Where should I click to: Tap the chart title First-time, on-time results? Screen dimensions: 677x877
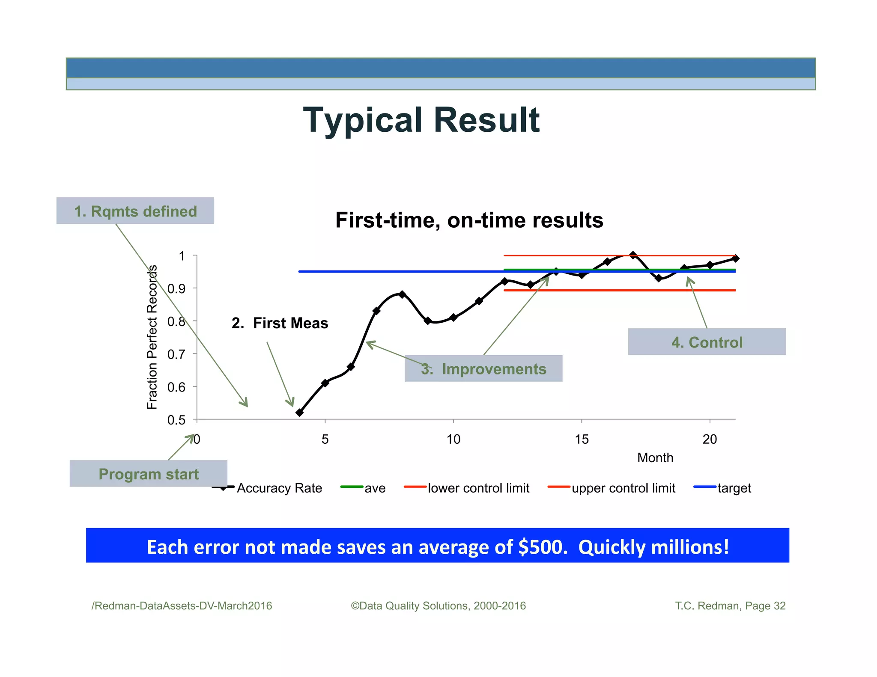[469, 220]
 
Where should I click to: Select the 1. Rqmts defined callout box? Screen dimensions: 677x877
[135, 211]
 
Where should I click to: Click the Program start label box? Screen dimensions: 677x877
[149, 474]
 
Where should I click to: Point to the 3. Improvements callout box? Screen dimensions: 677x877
[483, 368]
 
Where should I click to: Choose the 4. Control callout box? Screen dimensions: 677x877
[707, 342]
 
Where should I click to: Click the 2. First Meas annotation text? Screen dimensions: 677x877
[280, 323]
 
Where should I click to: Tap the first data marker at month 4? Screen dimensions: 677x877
[299, 413]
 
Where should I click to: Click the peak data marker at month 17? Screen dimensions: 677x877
[633, 255]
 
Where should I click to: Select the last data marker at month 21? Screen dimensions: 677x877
[736, 258]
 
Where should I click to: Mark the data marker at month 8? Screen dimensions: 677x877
[402, 294]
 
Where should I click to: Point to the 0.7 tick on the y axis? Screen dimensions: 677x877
[176, 354]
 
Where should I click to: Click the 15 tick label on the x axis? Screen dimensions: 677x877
[582, 439]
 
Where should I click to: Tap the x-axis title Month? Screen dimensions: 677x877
[655, 458]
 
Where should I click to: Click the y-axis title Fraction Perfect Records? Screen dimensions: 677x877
[152, 337]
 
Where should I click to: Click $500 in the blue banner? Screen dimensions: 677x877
[540, 547]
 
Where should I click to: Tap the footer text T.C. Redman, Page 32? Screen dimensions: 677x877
[730, 606]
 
